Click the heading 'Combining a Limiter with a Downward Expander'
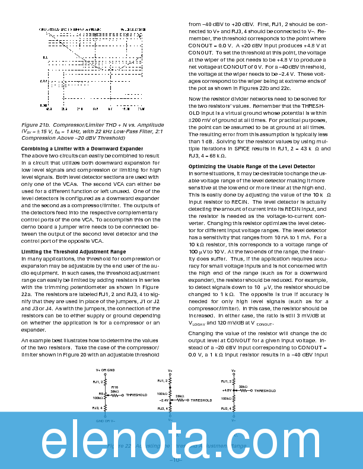coord(74,148)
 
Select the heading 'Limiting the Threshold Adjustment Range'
coord(73,252)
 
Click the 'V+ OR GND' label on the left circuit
coord(106,370)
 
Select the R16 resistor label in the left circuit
coord(115,387)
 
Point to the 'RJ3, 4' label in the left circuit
coord(98,407)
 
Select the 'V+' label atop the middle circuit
coord(170,370)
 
